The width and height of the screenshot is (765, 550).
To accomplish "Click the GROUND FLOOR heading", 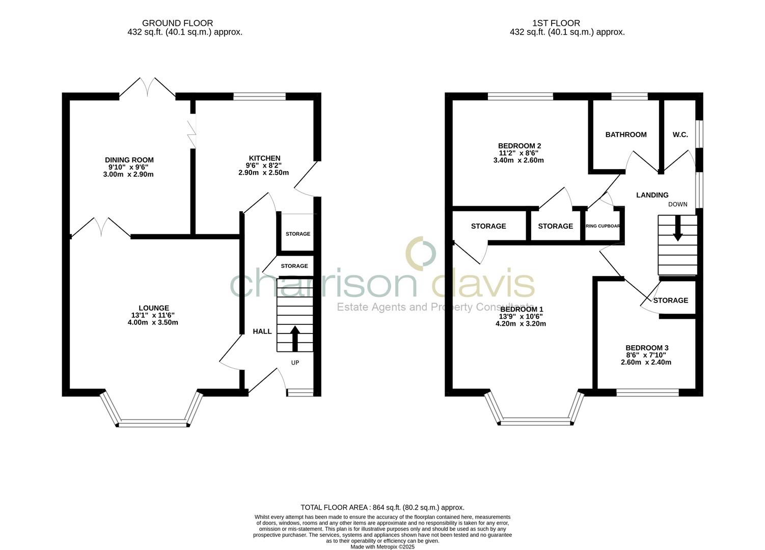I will (x=177, y=23).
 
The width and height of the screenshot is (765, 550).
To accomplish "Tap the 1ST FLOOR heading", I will (x=556, y=23).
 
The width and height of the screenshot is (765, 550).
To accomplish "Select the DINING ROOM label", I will (x=129, y=160).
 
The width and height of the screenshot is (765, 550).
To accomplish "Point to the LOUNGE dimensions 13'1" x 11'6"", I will (x=153, y=315).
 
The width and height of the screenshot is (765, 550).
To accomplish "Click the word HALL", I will (x=262, y=332).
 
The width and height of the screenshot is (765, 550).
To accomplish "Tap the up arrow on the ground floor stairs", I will (x=294, y=338).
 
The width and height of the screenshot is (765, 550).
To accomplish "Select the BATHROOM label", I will (x=625, y=135).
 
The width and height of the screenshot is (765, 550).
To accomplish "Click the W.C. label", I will (x=680, y=135).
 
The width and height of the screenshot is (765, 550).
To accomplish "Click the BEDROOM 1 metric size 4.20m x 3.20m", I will (x=521, y=323).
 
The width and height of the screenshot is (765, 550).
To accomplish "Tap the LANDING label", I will (x=652, y=195).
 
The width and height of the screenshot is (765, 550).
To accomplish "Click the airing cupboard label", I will (x=603, y=226).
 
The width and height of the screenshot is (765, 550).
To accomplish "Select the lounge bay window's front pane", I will (x=153, y=422).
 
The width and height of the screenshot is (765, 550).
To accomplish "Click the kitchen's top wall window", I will (x=259, y=96).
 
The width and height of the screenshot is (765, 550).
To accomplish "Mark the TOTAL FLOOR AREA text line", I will (x=382, y=507).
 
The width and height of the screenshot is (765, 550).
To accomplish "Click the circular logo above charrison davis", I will (x=421, y=252).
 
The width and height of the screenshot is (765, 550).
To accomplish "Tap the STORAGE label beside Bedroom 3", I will (x=670, y=300).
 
